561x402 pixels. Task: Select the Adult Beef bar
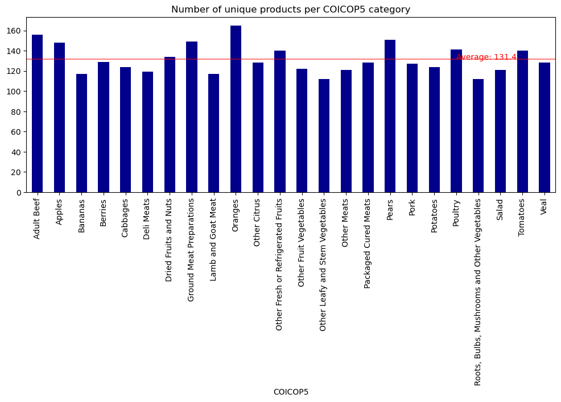[37, 114]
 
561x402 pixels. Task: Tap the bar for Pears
[390, 116]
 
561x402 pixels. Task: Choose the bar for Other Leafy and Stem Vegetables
[324, 136]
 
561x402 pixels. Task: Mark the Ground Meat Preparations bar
[192, 117]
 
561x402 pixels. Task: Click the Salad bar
[500, 131]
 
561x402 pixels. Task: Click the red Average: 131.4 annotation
[486, 57]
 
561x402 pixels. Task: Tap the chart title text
[291, 10]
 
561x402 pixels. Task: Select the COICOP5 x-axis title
[291, 392]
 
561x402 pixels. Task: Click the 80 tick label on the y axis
[17, 111]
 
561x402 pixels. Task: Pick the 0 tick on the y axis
[19, 193]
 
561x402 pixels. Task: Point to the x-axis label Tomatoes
[522, 218]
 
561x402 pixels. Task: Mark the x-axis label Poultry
[456, 213]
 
